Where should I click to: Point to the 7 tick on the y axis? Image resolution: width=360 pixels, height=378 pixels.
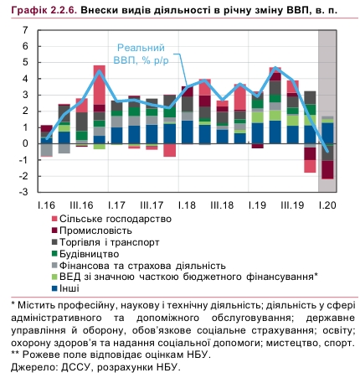pyautogui.click(x=24, y=30)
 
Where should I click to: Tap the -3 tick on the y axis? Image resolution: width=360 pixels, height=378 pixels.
pyautogui.click(x=23, y=192)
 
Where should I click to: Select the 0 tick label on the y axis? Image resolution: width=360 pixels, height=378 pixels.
pyautogui.click(x=24, y=143)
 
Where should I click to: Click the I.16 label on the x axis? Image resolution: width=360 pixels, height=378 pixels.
pyautogui.click(x=46, y=205)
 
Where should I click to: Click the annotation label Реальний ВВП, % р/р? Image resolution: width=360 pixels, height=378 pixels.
pyautogui.click(x=140, y=54)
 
